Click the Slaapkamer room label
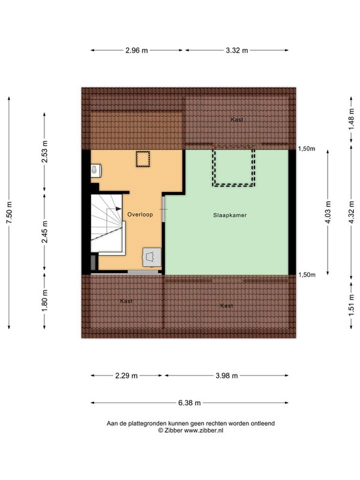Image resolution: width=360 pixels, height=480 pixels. coord(230,214)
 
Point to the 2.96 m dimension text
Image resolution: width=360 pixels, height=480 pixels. coord(137,51)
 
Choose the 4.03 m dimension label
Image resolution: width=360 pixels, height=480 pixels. coord(328,212)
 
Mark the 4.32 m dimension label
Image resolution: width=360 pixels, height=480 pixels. coord(351,212)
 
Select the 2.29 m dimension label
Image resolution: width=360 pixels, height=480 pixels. coord(127,376)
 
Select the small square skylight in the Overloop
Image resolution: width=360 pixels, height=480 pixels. coord(142,160)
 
